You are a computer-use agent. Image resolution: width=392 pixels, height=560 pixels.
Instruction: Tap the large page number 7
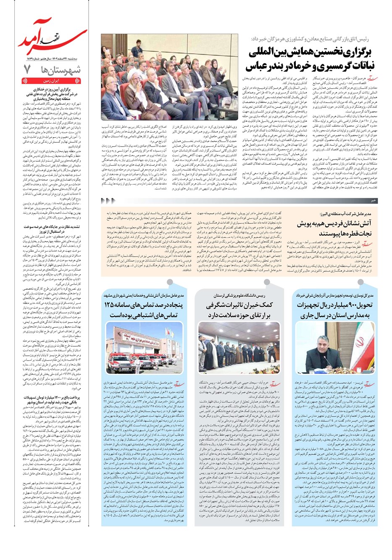click(28, 69)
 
